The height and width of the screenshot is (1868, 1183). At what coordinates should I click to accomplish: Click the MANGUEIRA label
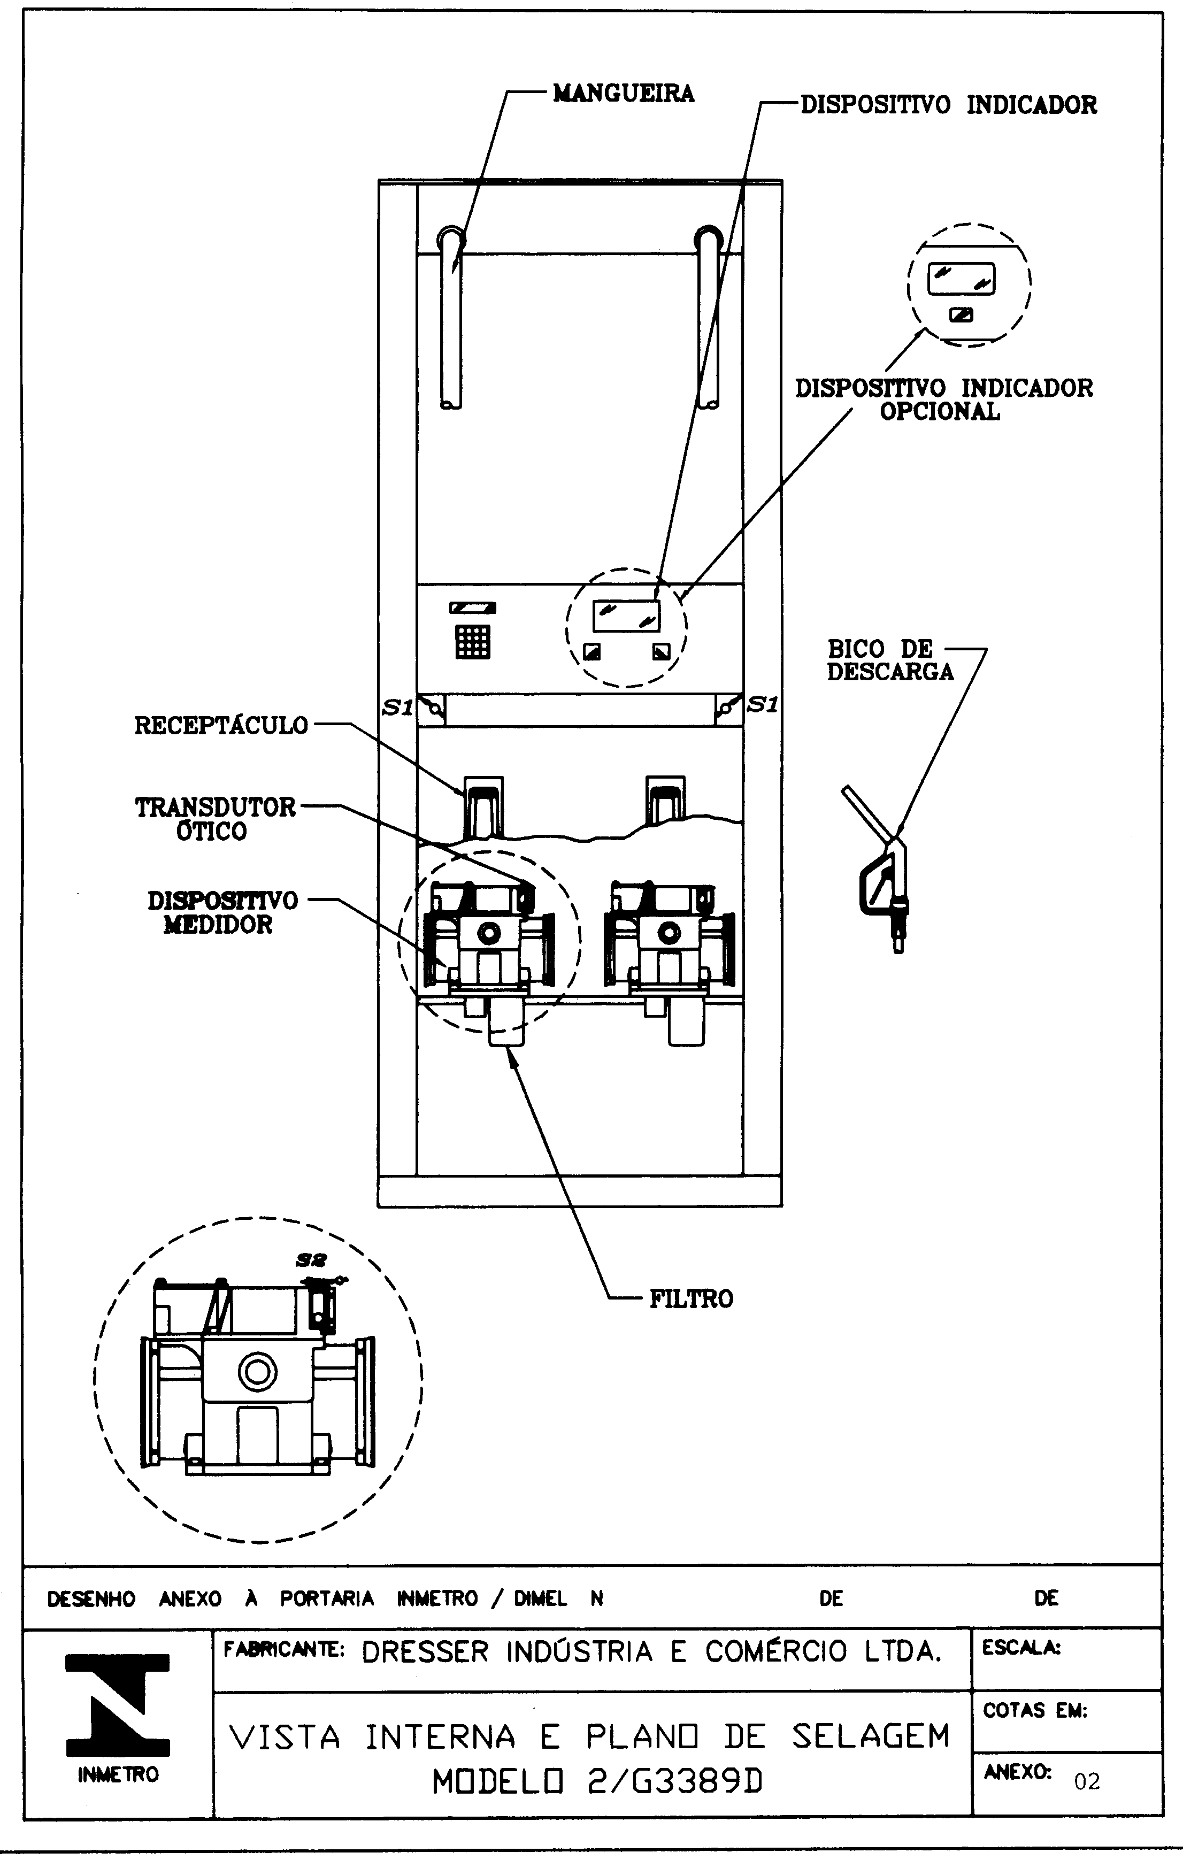[x=624, y=94]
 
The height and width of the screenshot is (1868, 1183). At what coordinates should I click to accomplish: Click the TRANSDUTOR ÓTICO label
[x=216, y=818]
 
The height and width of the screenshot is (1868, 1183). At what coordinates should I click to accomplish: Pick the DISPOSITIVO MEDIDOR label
[x=222, y=912]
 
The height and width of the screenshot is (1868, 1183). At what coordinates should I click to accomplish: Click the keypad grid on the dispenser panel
[x=472, y=641]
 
